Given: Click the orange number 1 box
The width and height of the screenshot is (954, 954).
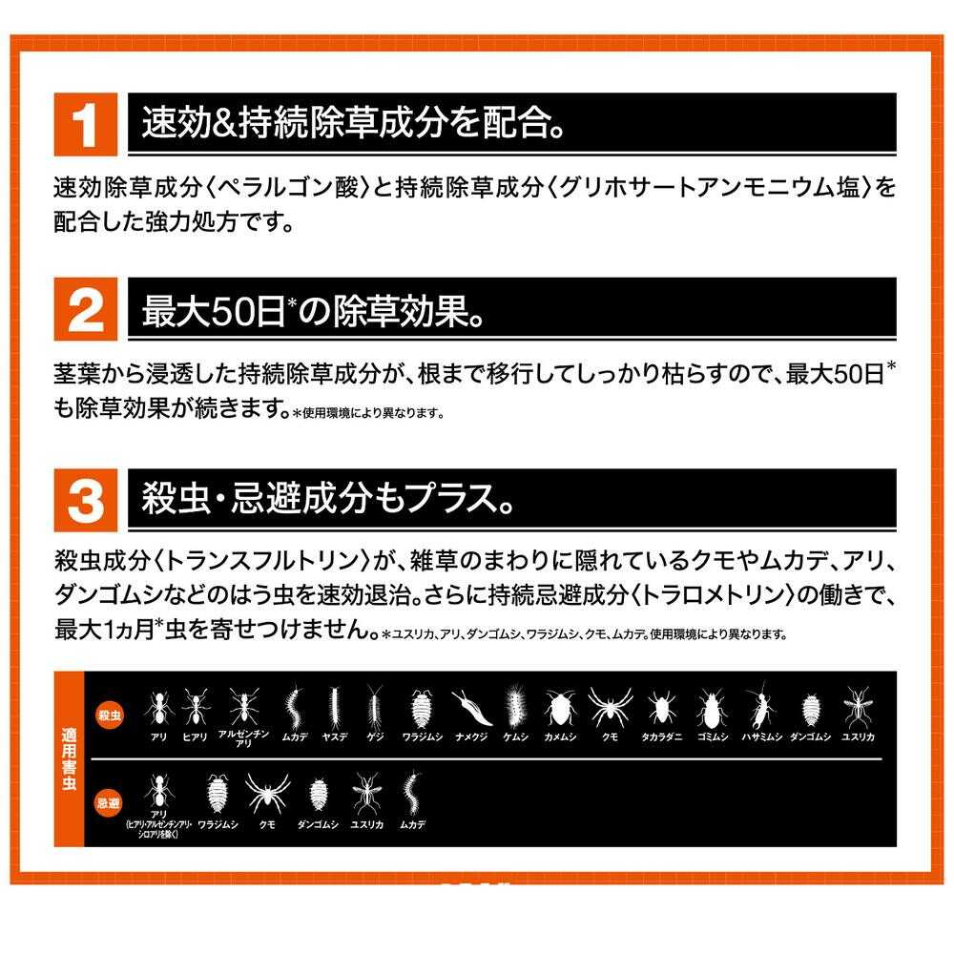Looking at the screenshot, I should (87, 124).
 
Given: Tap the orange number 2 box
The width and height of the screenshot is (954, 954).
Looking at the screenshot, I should (87, 310).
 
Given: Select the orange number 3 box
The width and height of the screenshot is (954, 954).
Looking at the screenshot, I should (87, 499).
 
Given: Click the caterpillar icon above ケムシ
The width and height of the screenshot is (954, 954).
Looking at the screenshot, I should (516, 707).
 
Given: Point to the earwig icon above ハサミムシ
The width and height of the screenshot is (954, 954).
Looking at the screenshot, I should (759, 707).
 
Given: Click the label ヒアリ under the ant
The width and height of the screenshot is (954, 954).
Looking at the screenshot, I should (195, 736).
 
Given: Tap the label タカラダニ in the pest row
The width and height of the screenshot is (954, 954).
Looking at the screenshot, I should (660, 736).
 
